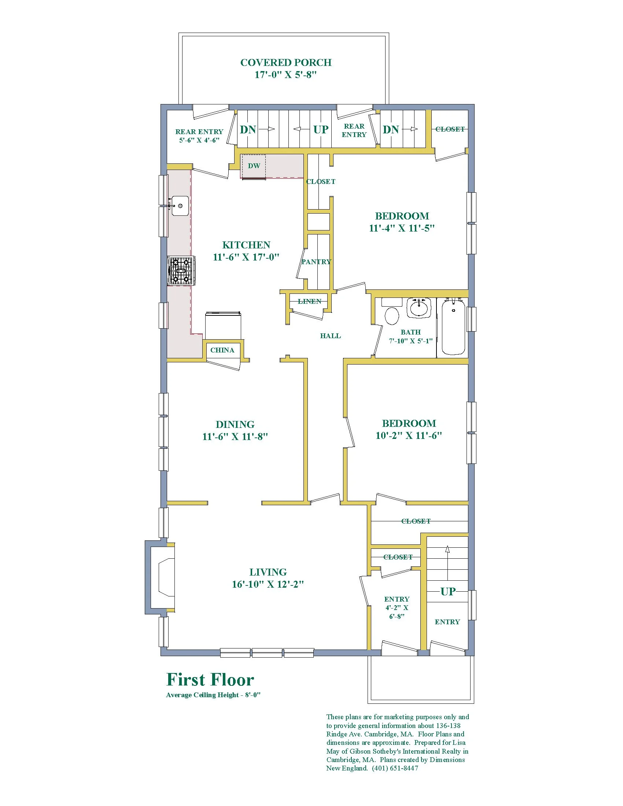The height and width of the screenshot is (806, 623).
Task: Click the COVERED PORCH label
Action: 286,63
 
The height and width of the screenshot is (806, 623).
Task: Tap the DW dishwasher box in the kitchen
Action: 254,166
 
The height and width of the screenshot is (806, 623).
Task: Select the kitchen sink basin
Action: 180,206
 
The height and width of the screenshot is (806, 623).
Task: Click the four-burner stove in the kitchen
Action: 181,271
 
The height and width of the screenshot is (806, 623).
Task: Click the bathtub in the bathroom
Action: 453,327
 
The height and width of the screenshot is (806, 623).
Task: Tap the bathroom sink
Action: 419,308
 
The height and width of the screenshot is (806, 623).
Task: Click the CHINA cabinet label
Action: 222,350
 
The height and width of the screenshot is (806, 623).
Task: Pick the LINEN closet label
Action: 310,302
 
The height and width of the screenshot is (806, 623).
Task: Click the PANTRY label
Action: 316,262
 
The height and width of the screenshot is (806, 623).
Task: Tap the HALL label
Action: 330,336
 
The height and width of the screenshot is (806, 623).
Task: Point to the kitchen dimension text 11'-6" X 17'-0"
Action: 246,257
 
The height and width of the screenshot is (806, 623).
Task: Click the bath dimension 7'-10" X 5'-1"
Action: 411,341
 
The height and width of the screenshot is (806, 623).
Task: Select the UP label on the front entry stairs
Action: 448,592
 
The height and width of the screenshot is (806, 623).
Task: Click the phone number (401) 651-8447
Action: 395,768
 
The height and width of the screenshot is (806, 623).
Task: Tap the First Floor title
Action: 210,679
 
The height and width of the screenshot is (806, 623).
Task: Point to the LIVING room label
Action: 268,572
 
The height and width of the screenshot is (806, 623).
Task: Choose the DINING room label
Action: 235,425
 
